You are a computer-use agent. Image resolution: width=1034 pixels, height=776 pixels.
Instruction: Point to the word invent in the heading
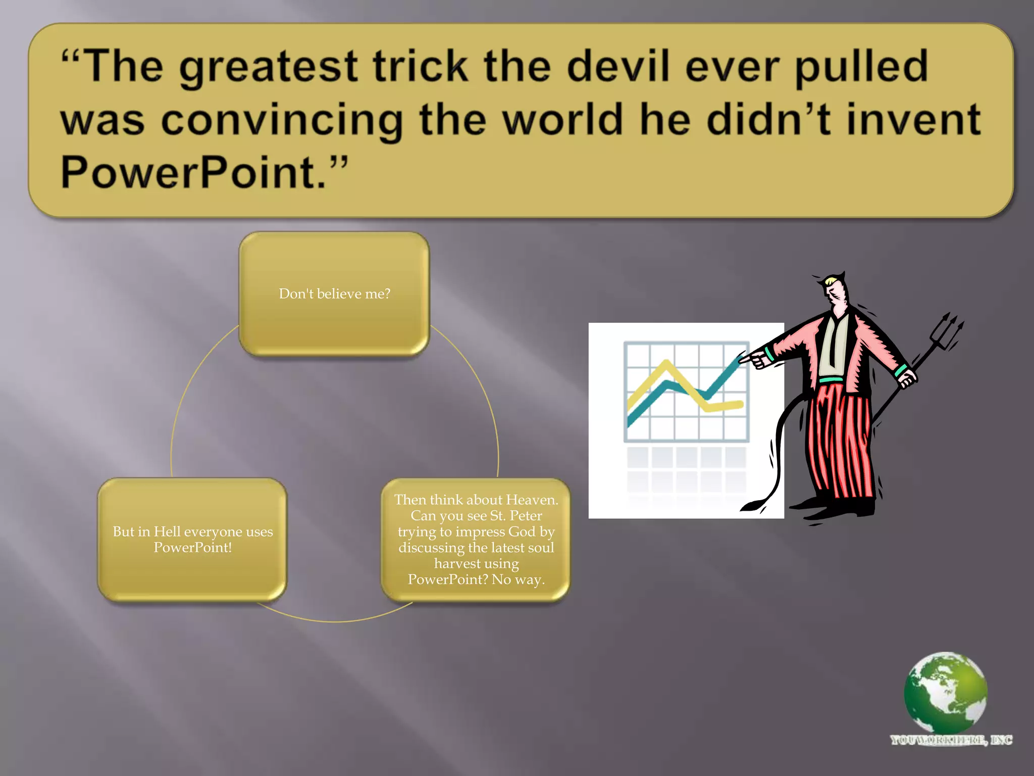pyautogui.click(x=913, y=120)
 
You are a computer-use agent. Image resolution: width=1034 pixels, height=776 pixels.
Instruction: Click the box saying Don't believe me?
pyautogui.click(x=334, y=294)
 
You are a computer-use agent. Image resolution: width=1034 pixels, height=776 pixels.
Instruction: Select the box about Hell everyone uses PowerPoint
pyautogui.click(x=192, y=539)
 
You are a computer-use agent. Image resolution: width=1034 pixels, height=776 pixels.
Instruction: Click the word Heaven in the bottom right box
pyautogui.click(x=531, y=500)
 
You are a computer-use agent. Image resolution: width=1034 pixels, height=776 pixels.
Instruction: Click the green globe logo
pyautogui.click(x=945, y=692)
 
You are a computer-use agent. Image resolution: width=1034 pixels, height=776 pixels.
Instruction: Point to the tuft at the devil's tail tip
pyautogui.click(x=752, y=505)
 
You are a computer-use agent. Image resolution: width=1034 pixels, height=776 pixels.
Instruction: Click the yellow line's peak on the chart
pyautogui.click(x=667, y=363)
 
